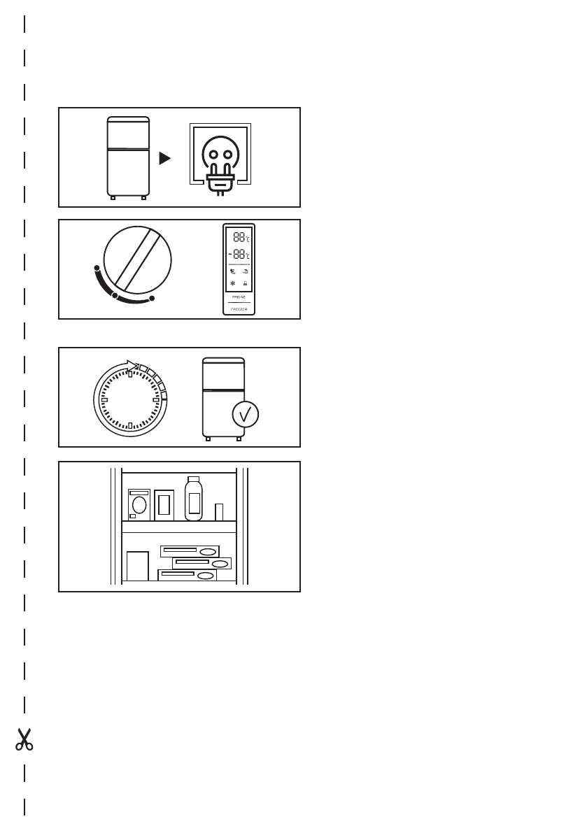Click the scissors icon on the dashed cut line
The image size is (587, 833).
pyautogui.click(x=24, y=740)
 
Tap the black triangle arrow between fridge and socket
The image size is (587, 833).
pyautogui.click(x=164, y=159)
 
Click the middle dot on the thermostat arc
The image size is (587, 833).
pyautogui.click(x=115, y=296)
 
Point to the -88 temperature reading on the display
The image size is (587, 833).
pyautogui.click(x=239, y=254)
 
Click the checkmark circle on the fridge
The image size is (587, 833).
pyautogui.click(x=244, y=415)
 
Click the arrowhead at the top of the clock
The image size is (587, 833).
pyautogui.click(x=132, y=364)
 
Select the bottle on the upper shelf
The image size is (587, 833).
pyautogui.click(x=194, y=499)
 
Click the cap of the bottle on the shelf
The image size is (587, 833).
pyautogui.click(x=194, y=479)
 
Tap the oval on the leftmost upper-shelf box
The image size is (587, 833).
pyautogui.click(x=139, y=505)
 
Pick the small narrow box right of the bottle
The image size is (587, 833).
pyautogui.click(x=219, y=512)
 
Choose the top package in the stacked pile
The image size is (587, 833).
pyautogui.click(x=190, y=551)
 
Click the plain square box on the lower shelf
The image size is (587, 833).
pyautogui.click(x=138, y=567)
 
